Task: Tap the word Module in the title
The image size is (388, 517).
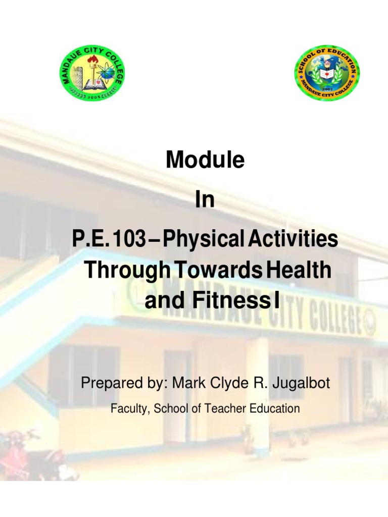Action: tap(205, 161)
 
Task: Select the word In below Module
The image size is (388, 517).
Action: tap(205, 200)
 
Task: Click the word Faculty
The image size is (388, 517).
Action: tap(128, 408)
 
